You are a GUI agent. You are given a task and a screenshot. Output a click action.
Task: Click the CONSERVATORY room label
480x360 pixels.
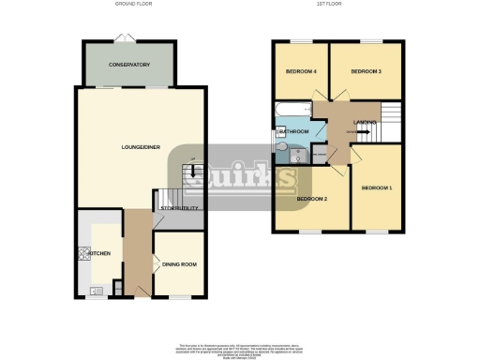click(x=129, y=65)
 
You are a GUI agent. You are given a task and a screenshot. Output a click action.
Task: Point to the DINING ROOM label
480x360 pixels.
click(x=178, y=265)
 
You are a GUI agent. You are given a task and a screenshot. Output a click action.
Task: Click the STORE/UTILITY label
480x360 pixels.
click(x=179, y=208)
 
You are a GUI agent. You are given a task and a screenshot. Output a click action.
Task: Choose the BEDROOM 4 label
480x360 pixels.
click(x=300, y=72)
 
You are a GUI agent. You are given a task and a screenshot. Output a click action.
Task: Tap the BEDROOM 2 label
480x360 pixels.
click(x=312, y=199)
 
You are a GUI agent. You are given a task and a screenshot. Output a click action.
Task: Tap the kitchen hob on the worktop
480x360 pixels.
click(x=82, y=253)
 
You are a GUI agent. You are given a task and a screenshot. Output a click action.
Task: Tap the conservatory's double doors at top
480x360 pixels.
click(x=126, y=37)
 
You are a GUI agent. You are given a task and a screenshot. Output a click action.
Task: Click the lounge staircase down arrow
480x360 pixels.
click(x=192, y=172)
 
